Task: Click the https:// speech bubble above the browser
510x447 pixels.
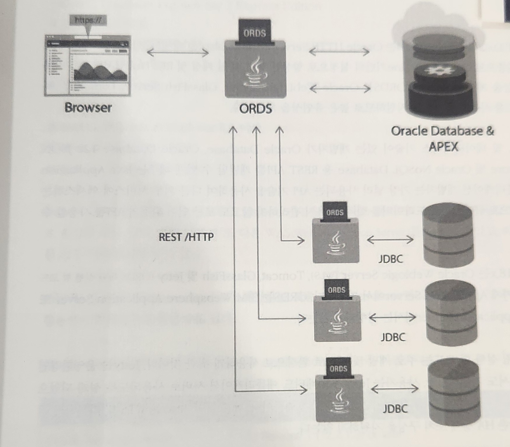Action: click(x=88, y=21)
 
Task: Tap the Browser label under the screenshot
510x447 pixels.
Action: click(x=88, y=108)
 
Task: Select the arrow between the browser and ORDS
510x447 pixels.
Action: click(x=178, y=53)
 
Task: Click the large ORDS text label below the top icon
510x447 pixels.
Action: click(x=255, y=109)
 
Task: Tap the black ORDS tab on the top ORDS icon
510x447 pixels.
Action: click(x=255, y=32)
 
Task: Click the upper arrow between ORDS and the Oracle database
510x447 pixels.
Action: click(x=339, y=52)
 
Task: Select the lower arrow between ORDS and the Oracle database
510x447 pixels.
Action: click(x=340, y=88)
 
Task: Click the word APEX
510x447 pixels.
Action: click(x=443, y=146)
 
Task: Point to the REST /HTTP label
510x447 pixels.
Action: click(x=186, y=237)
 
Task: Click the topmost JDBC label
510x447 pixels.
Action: click(x=390, y=259)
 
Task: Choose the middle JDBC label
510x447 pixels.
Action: click(x=393, y=337)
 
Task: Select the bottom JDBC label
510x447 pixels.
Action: click(x=395, y=408)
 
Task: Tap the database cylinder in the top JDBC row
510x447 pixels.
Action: click(x=448, y=235)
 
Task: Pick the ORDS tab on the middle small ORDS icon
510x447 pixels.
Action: click(x=337, y=290)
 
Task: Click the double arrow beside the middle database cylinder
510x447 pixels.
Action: click(x=393, y=317)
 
